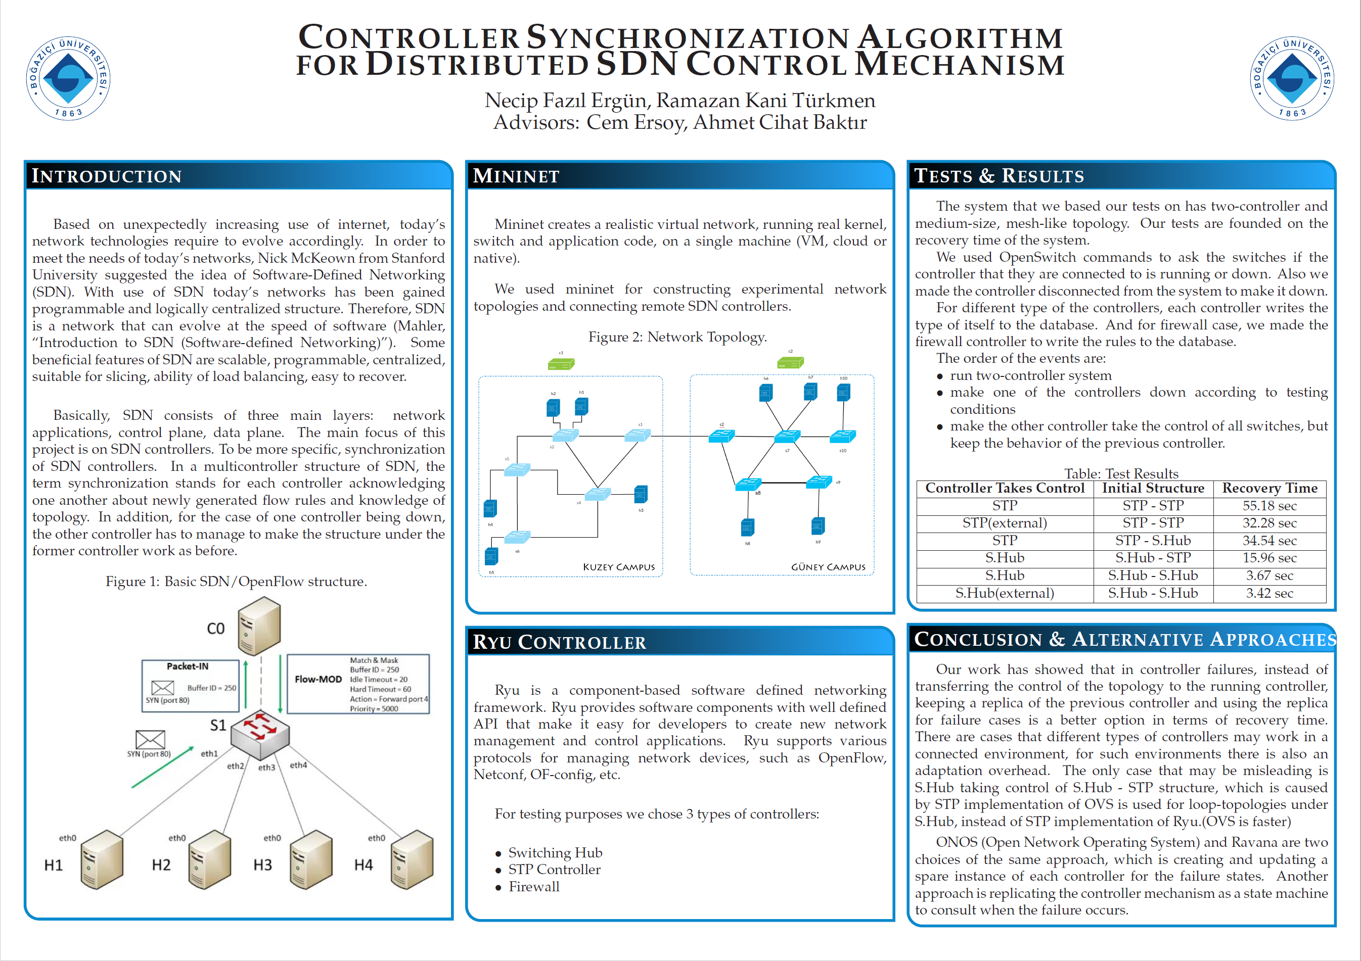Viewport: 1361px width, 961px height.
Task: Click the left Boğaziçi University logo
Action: (x=68, y=78)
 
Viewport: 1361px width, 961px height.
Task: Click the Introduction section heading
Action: (x=107, y=176)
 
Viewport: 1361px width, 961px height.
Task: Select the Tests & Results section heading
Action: (x=999, y=176)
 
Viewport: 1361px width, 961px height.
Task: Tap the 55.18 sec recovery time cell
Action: (x=1269, y=506)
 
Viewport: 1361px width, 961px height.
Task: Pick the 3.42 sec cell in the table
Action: (x=1269, y=593)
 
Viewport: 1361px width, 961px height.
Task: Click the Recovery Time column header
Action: (x=1269, y=488)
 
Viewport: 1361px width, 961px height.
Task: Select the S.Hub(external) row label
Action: (x=1004, y=593)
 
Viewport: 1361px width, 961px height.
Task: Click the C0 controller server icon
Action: (x=259, y=626)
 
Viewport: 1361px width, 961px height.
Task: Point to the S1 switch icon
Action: (x=260, y=735)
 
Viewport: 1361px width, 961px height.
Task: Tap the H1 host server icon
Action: (x=102, y=859)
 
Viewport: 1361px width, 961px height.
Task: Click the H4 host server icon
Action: (x=413, y=859)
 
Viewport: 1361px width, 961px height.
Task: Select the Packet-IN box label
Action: (x=188, y=666)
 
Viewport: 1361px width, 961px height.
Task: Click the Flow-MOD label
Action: (x=319, y=679)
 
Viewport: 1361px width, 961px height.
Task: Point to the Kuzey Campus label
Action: (x=619, y=567)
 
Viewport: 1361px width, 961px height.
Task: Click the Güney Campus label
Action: (x=828, y=567)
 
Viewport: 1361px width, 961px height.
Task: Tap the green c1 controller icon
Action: (x=561, y=364)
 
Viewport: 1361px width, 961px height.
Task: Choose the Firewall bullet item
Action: (x=533, y=886)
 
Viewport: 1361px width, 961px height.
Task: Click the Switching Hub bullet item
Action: (x=555, y=852)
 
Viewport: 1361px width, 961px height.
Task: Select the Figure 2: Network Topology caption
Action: (x=677, y=337)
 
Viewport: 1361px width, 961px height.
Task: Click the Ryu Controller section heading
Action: (x=559, y=642)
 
